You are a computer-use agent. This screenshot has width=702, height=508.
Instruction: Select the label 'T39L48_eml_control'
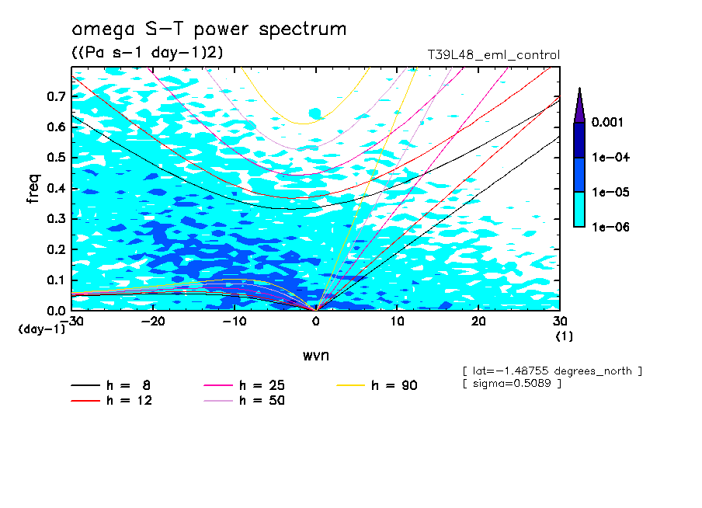494,55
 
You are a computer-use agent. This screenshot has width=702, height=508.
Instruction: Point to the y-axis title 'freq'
33,189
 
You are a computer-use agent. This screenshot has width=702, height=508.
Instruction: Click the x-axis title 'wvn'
315,355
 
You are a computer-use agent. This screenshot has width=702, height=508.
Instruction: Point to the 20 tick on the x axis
478,321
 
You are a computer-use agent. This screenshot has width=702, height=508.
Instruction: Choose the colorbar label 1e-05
610,193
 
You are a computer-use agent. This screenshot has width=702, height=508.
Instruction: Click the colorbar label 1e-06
610,228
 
